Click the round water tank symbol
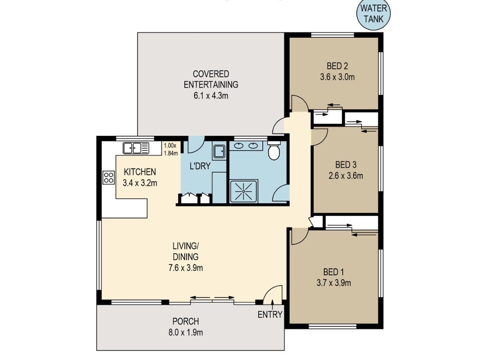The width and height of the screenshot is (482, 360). pyautogui.click(x=374, y=14)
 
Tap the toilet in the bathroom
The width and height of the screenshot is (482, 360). pyautogui.click(x=274, y=151)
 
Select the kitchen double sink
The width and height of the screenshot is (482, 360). pyautogui.click(x=136, y=148)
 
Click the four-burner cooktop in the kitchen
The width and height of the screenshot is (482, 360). pyautogui.click(x=108, y=178)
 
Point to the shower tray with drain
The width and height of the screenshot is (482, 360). pyautogui.click(x=244, y=191)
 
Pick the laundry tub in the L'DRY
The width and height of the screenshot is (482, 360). pyautogui.click(x=219, y=152)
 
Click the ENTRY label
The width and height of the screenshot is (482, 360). pyautogui.click(x=270, y=315)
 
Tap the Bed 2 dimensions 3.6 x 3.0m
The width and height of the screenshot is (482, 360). pyautogui.click(x=337, y=77)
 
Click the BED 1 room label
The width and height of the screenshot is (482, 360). pyautogui.click(x=334, y=272)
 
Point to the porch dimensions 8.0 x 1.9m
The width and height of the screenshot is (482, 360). pyautogui.click(x=186, y=333)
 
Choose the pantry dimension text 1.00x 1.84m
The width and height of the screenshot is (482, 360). pyautogui.click(x=171, y=149)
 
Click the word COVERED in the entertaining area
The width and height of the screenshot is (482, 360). pyautogui.click(x=211, y=74)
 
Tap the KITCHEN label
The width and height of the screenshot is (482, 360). pyautogui.click(x=140, y=172)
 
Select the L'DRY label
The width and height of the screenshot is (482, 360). pyautogui.click(x=200, y=166)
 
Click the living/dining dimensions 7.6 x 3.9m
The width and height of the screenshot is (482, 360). pyautogui.click(x=186, y=268)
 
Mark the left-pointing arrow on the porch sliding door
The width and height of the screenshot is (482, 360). pyautogui.click(x=200, y=297)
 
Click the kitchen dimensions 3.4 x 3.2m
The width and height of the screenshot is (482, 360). pyautogui.click(x=140, y=183)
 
